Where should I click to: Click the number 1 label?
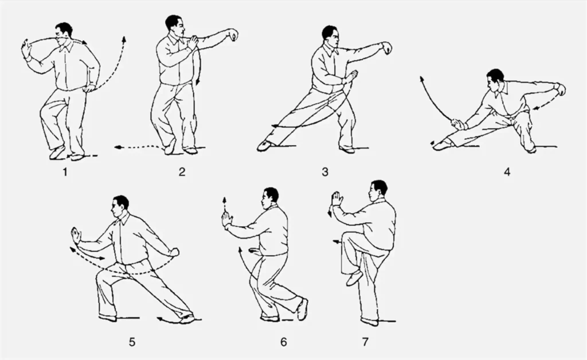point(65,172)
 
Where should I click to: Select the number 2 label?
point(182,172)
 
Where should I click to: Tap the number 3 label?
point(325,172)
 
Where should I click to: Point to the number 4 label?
point(507,172)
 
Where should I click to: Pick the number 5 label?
point(132,342)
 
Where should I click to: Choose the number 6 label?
point(283,342)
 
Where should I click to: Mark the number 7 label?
point(365,342)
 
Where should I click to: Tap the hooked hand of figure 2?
point(234,35)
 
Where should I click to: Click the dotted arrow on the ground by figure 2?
point(139,147)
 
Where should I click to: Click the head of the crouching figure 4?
point(495,79)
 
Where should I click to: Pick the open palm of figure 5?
point(76,236)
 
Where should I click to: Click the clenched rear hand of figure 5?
point(174,252)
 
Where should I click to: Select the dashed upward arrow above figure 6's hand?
point(225,204)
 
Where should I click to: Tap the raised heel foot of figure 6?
point(302,309)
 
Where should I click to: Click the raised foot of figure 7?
point(354,278)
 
